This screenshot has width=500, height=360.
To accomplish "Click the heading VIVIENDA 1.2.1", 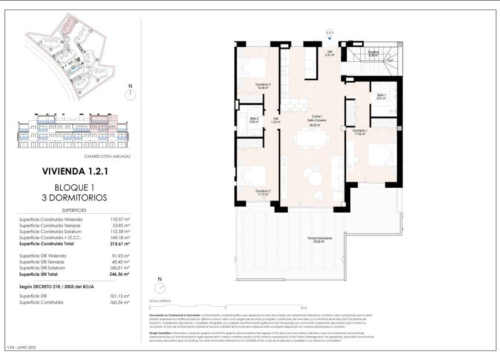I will (x=75, y=171).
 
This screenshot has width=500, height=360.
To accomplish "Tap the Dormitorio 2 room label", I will (x=263, y=192).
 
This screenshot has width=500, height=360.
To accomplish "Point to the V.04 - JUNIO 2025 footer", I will (x=21, y=348).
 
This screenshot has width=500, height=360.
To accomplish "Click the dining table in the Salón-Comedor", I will (x=312, y=139).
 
